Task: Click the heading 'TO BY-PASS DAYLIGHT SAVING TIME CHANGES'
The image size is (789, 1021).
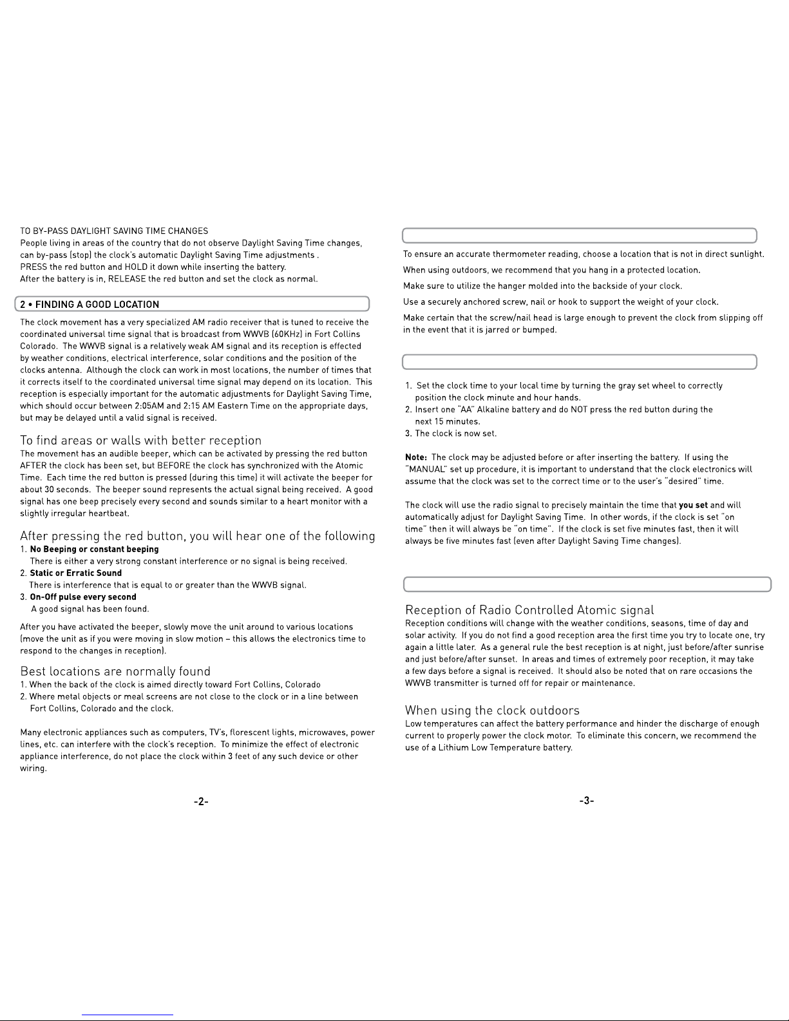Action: [114, 231]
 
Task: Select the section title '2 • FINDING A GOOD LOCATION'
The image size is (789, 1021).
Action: [90, 305]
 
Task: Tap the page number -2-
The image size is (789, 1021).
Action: [201, 801]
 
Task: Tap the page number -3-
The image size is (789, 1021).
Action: [586, 801]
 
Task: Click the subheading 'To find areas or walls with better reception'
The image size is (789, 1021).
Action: [140, 441]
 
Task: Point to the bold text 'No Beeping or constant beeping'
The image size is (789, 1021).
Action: [94, 549]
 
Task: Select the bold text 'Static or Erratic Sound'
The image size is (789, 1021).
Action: [75, 573]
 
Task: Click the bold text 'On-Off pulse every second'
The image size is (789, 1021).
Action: [83, 597]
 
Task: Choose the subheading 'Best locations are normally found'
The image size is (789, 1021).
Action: [115, 671]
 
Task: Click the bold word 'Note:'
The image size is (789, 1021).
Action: [416, 457]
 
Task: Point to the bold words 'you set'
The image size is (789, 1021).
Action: [693, 506]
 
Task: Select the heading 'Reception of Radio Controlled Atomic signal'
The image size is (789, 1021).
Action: [529, 610]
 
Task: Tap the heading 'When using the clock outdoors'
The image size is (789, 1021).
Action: [492, 711]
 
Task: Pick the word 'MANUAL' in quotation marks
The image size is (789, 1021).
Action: [422, 470]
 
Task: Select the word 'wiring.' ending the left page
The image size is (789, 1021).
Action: [33, 768]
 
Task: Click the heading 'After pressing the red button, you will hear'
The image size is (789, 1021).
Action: [197, 537]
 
